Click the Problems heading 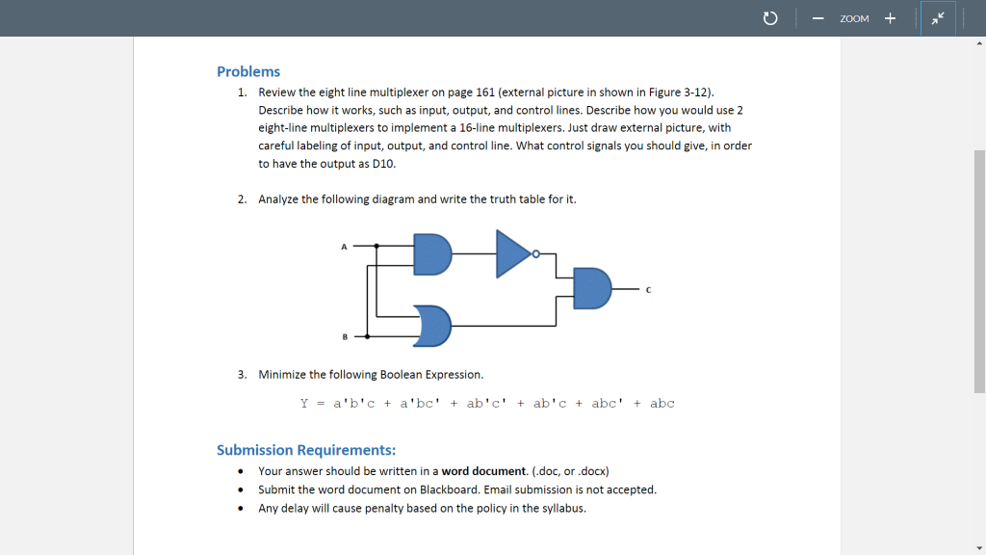(248, 71)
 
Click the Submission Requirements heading (306, 450)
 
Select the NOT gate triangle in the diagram (512, 253)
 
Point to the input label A (343, 247)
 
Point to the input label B (344, 336)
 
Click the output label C (648, 290)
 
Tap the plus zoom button (890, 18)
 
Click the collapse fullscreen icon (937, 18)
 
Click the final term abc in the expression (662, 403)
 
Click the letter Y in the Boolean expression (304, 403)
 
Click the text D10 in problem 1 (383, 163)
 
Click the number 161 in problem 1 (486, 92)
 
